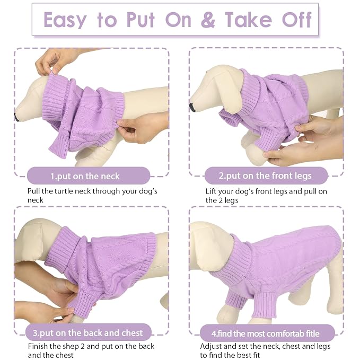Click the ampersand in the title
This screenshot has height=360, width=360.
point(208,20)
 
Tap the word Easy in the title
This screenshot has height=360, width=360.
point(65,21)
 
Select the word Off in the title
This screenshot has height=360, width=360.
point(296,20)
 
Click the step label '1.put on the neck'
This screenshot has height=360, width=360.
point(85,177)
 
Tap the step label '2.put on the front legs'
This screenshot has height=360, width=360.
point(265,176)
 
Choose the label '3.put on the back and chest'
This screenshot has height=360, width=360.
point(88,333)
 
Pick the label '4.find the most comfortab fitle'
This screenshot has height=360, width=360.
point(266,333)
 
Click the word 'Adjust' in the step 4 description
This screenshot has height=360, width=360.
point(210,347)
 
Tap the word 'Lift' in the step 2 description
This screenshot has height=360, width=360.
point(211,191)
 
